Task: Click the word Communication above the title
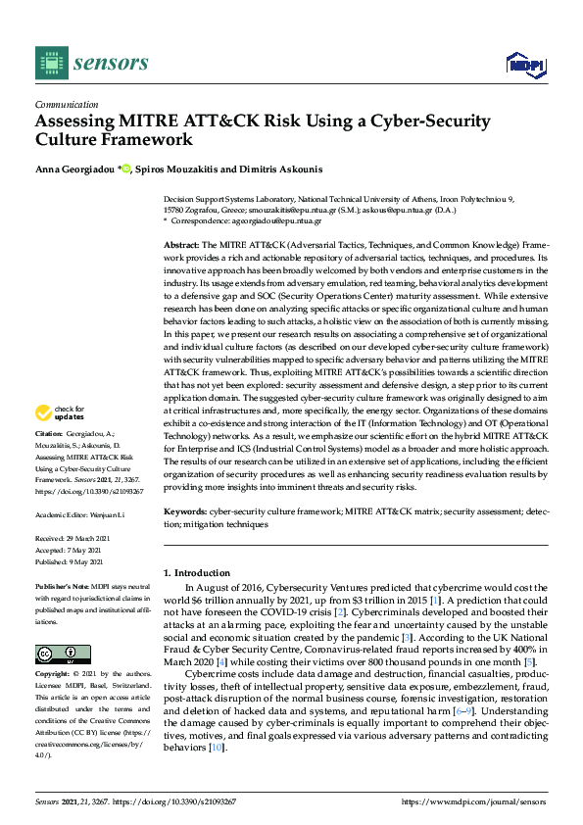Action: click(66, 104)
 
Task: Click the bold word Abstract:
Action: click(181, 243)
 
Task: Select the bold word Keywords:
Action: click(184, 511)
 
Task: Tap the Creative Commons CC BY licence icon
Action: click(62, 654)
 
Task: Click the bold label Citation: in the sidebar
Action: click(49, 460)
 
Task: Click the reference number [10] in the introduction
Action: click(217, 748)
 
